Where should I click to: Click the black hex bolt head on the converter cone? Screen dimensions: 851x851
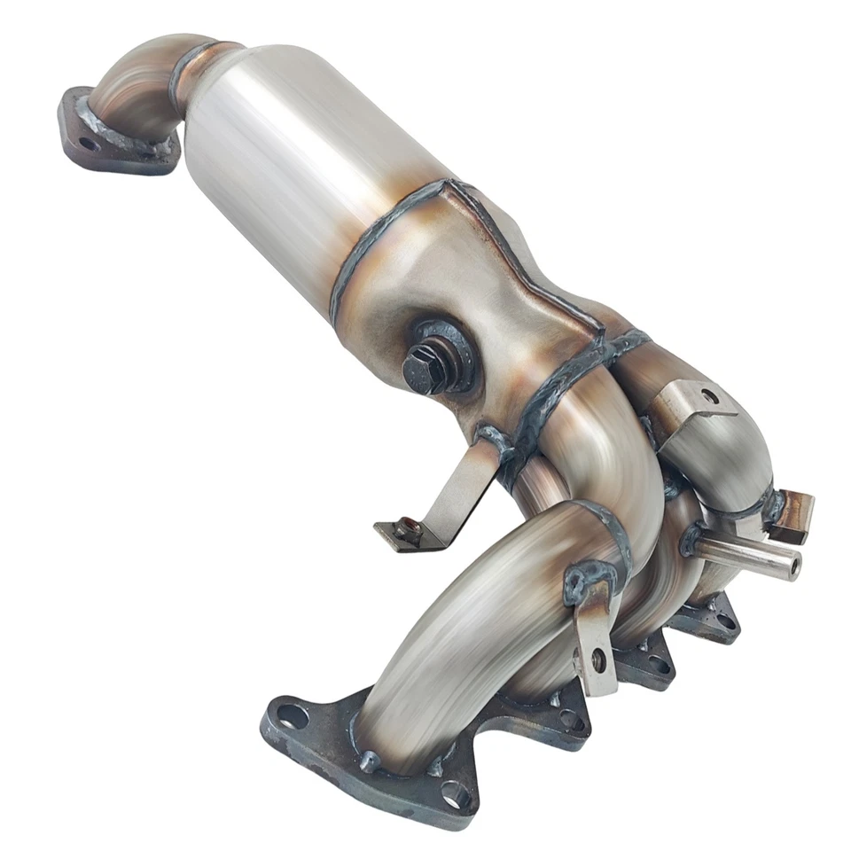[x=423, y=366]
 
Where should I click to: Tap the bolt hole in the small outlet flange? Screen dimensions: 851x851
[x=86, y=142]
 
